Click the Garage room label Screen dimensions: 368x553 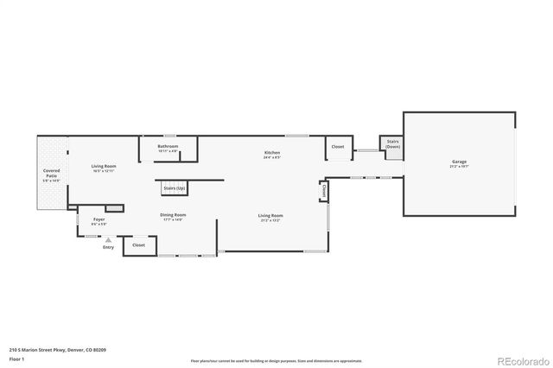pyautogui.click(x=458, y=162)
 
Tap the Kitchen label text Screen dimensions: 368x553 pyautogui.click(x=272, y=153)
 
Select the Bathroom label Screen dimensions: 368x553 pyautogui.click(x=168, y=146)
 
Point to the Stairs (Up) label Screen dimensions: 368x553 pyautogui.click(x=172, y=187)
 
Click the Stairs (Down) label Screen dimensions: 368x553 pyautogui.click(x=392, y=144)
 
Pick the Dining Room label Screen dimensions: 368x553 pyautogui.click(x=173, y=214)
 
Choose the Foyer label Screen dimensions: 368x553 pyautogui.click(x=99, y=220)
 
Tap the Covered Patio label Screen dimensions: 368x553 pyautogui.click(x=52, y=174)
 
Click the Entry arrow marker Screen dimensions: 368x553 pyautogui.click(x=108, y=240)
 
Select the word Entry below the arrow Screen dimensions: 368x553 pyautogui.click(x=108, y=248)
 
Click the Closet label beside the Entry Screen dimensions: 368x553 pyautogui.click(x=138, y=245)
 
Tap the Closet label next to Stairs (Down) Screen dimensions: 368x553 pyautogui.click(x=338, y=147)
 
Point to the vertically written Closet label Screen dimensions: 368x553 pyautogui.click(x=325, y=189)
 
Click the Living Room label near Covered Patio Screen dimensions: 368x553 pyautogui.click(x=104, y=166)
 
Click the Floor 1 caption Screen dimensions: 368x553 pyautogui.click(x=16, y=358)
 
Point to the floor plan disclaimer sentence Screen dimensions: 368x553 pyautogui.click(x=276, y=360)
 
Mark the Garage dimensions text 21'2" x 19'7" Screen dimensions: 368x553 pyautogui.click(x=458, y=168)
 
